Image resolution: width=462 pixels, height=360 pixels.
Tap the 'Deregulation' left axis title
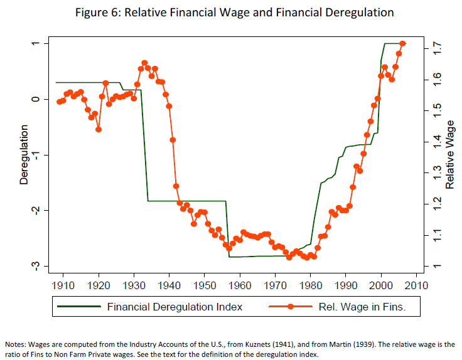click(24, 154)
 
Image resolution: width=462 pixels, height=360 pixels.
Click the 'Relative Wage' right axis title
click(450, 154)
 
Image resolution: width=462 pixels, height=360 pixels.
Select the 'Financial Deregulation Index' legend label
click(175, 307)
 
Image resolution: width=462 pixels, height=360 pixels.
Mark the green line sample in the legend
click(78, 307)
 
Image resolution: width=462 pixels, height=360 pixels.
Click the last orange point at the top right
click(403, 43)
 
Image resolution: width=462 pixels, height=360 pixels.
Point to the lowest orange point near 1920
click(99, 129)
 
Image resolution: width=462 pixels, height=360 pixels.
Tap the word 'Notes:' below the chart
click(16, 344)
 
